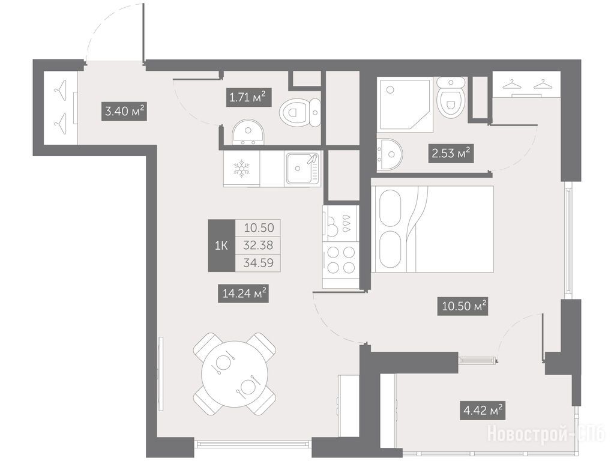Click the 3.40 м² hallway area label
pyautogui.click(x=124, y=111)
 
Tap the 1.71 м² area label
pyautogui.click(x=248, y=97)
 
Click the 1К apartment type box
pyautogui.click(x=221, y=246)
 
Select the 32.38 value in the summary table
pyautogui.click(x=259, y=245)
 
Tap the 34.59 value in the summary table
pyautogui.click(x=259, y=262)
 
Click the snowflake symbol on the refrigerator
pyautogui.click(x=241, y=168)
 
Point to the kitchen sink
pyautogui.click(x=302, y=169)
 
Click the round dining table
pyautogui.click(x=235, y=373)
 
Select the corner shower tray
pyautogui.click(x=405, y=104)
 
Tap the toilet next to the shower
pyautogui.click(x=451, y=97)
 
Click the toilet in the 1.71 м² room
pyautogui.click(x=301, y=113)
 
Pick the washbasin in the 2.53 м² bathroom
pyautogui.click(x=389, y=154)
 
